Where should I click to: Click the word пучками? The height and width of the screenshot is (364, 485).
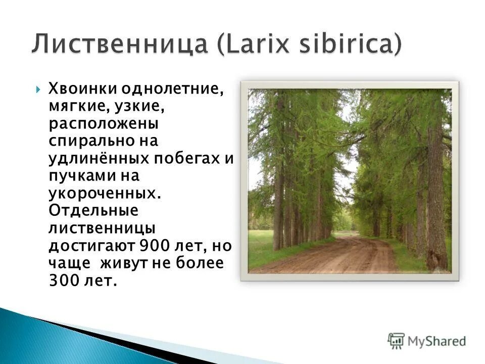point(75,176)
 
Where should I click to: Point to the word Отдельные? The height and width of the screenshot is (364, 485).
point(93,210)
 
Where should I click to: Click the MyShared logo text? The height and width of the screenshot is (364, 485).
point(437,341)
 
